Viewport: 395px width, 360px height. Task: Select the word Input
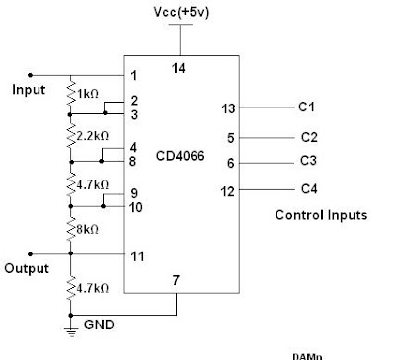[x=29, y=90]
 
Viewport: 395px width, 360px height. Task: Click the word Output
[x=26, y=268]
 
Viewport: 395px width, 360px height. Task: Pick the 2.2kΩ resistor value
[x=96, y=134]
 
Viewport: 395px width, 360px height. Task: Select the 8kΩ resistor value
[x=92, y=230]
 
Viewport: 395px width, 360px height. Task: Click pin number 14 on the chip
[x=180, y=68]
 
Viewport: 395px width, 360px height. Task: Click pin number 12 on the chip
[x=227, y=191]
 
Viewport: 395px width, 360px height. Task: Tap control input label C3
[x=308, y=162]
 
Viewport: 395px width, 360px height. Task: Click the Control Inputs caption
[x=321, y=214]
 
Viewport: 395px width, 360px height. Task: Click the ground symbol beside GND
[x=71, y=330]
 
